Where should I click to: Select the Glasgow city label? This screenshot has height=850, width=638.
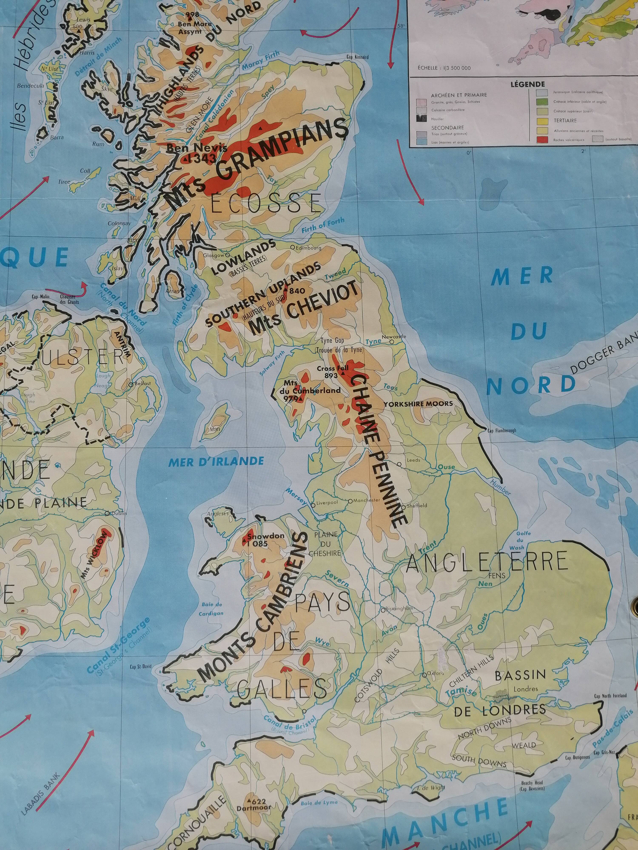214,255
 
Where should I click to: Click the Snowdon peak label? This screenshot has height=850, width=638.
260,536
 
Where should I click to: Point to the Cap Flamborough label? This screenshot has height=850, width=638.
502,431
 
